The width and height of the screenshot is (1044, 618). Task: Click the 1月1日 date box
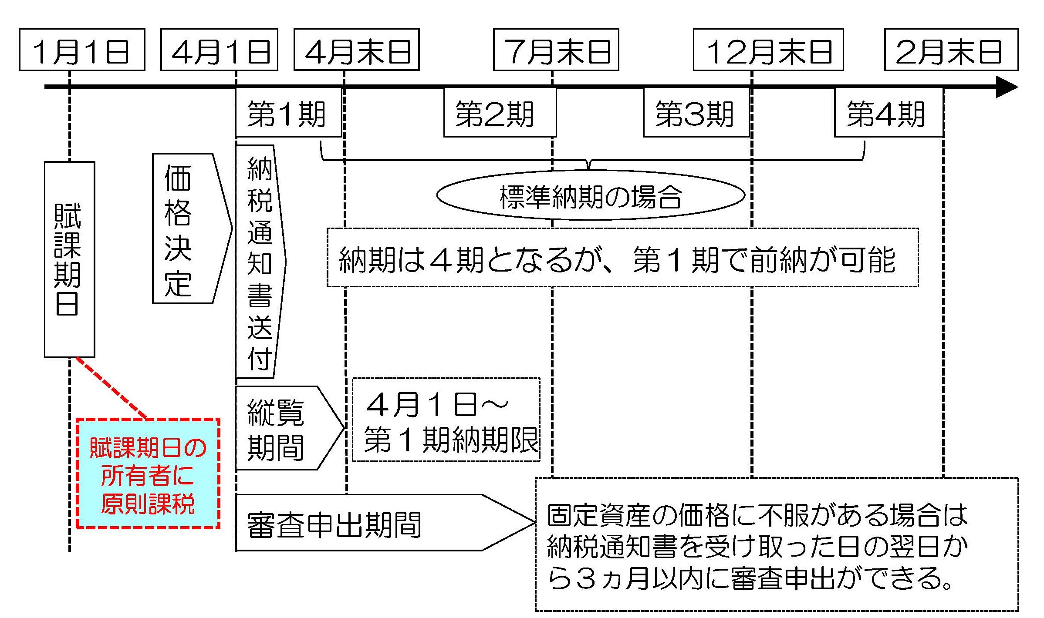82,50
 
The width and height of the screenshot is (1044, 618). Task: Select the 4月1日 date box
219,50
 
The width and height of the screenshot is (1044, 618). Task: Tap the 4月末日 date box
356,50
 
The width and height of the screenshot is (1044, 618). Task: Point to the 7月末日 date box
556,50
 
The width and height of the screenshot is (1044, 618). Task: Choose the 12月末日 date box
768,50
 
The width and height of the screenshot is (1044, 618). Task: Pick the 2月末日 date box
951,50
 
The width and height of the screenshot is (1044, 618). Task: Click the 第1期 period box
288,113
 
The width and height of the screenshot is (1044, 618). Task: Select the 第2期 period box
499,113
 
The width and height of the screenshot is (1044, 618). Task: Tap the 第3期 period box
696,113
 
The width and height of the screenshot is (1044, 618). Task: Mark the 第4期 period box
889,113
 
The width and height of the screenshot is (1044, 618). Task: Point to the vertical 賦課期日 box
69,259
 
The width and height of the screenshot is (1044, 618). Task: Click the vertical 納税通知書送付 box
260,261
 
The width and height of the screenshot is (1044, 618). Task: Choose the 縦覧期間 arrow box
283,428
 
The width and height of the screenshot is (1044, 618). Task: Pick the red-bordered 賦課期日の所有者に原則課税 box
148,474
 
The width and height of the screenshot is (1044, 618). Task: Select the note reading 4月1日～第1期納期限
446,420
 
